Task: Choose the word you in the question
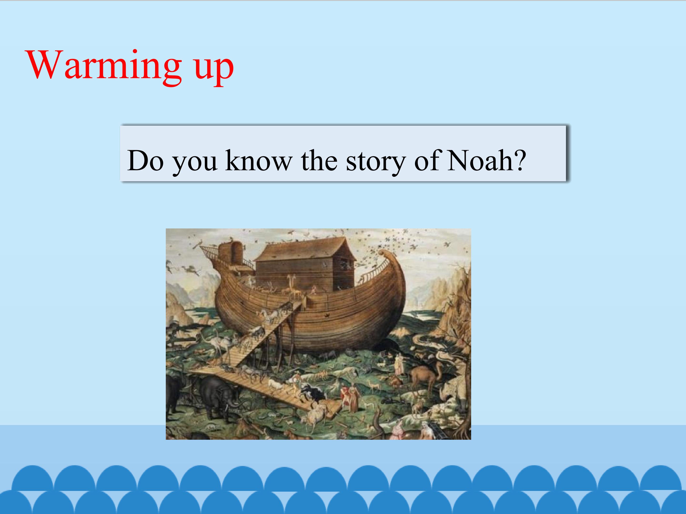(x=195, y=164)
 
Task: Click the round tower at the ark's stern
(x=231, y=254)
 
